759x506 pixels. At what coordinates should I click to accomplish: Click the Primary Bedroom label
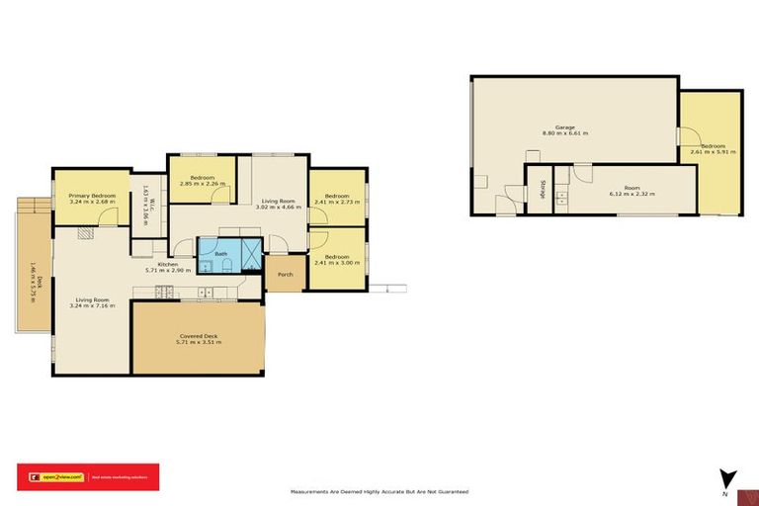92,196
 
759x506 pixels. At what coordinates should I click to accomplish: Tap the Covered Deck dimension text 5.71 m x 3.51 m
199,342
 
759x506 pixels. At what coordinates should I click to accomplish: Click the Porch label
285,274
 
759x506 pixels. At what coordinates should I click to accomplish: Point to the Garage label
564,127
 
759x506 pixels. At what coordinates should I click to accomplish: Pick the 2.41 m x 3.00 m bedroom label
337,263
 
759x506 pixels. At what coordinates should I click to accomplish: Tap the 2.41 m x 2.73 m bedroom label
337,201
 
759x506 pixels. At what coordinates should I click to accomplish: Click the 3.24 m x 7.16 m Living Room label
92,305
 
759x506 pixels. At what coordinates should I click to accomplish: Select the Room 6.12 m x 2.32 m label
632,192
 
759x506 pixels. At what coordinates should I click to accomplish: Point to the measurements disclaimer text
379,491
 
